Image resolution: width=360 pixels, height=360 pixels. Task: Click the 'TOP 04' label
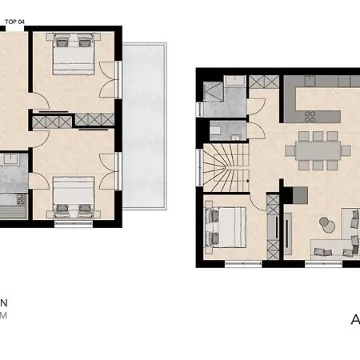[x=16, y=22]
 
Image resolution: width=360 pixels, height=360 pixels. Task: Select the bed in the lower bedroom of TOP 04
[x=73, y=197]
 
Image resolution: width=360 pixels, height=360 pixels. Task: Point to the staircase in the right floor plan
[x=223, y=167]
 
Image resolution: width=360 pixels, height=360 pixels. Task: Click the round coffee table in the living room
[x=325, y=222]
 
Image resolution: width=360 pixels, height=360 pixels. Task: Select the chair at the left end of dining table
[x=290, y=150]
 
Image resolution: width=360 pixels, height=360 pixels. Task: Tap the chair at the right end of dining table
[x=347, y=150]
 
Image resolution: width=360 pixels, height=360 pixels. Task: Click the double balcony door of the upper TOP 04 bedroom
[x=116, y=80]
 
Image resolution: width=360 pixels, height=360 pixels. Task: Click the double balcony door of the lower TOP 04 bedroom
[x=116, y=172]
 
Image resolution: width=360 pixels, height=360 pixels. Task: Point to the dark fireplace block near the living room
[x=298, y=194]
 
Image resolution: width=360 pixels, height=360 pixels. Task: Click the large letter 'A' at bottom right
[x=355, y=321]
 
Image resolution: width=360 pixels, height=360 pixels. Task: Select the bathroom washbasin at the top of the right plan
[x=234, y=81]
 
